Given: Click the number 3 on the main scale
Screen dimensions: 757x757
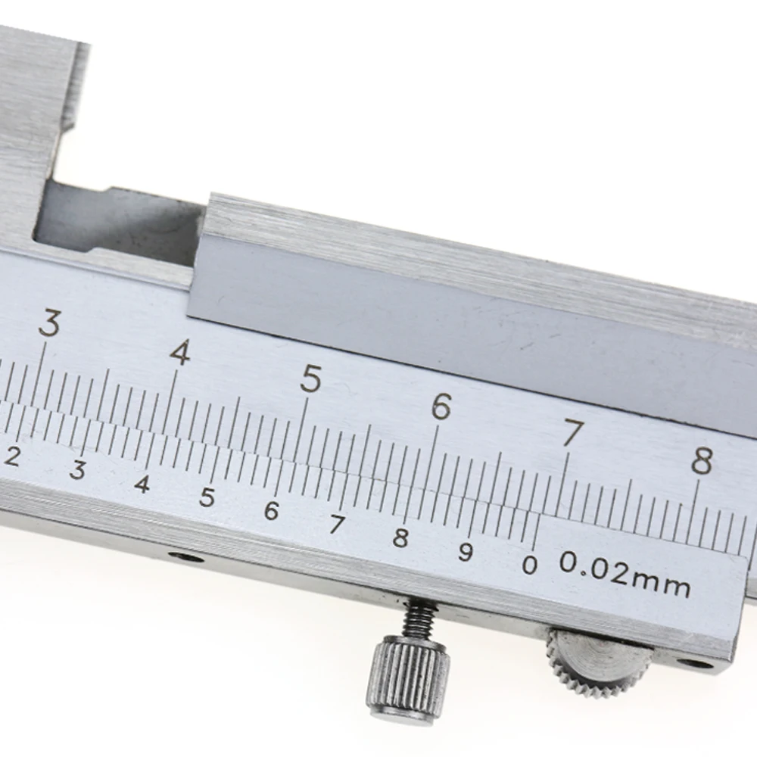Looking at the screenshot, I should [x=50, y=325].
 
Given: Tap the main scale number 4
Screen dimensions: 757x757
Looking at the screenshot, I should [x=179, y=352].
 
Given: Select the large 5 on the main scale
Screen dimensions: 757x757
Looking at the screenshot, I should [x=310, y=379].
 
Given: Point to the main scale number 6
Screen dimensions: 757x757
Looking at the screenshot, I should [x=441, y=407].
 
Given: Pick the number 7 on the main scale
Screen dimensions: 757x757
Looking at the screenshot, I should [x=573, y=435].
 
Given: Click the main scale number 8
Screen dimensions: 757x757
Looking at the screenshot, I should [x=702, y=461].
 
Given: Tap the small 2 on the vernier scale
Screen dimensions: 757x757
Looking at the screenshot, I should [x=12, y=456].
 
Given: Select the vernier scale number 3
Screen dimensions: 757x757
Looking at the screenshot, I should [x=76, y=470].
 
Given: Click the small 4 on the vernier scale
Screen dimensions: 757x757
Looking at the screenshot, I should [x=142, y=484].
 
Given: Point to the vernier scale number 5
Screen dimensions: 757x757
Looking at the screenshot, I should [x=207, y=497].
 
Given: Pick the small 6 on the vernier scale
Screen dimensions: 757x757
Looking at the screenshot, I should [x=271, y=511].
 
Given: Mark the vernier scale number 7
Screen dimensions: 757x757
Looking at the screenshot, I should [x=336, y=525].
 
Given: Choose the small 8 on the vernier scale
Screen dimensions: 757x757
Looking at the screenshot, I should [x=400, y=538].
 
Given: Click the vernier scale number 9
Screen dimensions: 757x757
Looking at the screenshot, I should [x=466, y=552].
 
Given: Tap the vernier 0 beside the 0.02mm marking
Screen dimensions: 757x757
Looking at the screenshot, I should [x=531, y=565].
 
